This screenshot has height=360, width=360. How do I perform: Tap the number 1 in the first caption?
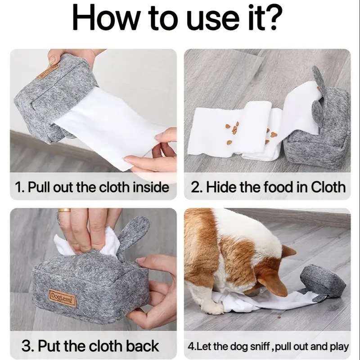18,187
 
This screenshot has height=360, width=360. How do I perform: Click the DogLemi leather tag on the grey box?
62,297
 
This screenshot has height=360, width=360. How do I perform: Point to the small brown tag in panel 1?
48,71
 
